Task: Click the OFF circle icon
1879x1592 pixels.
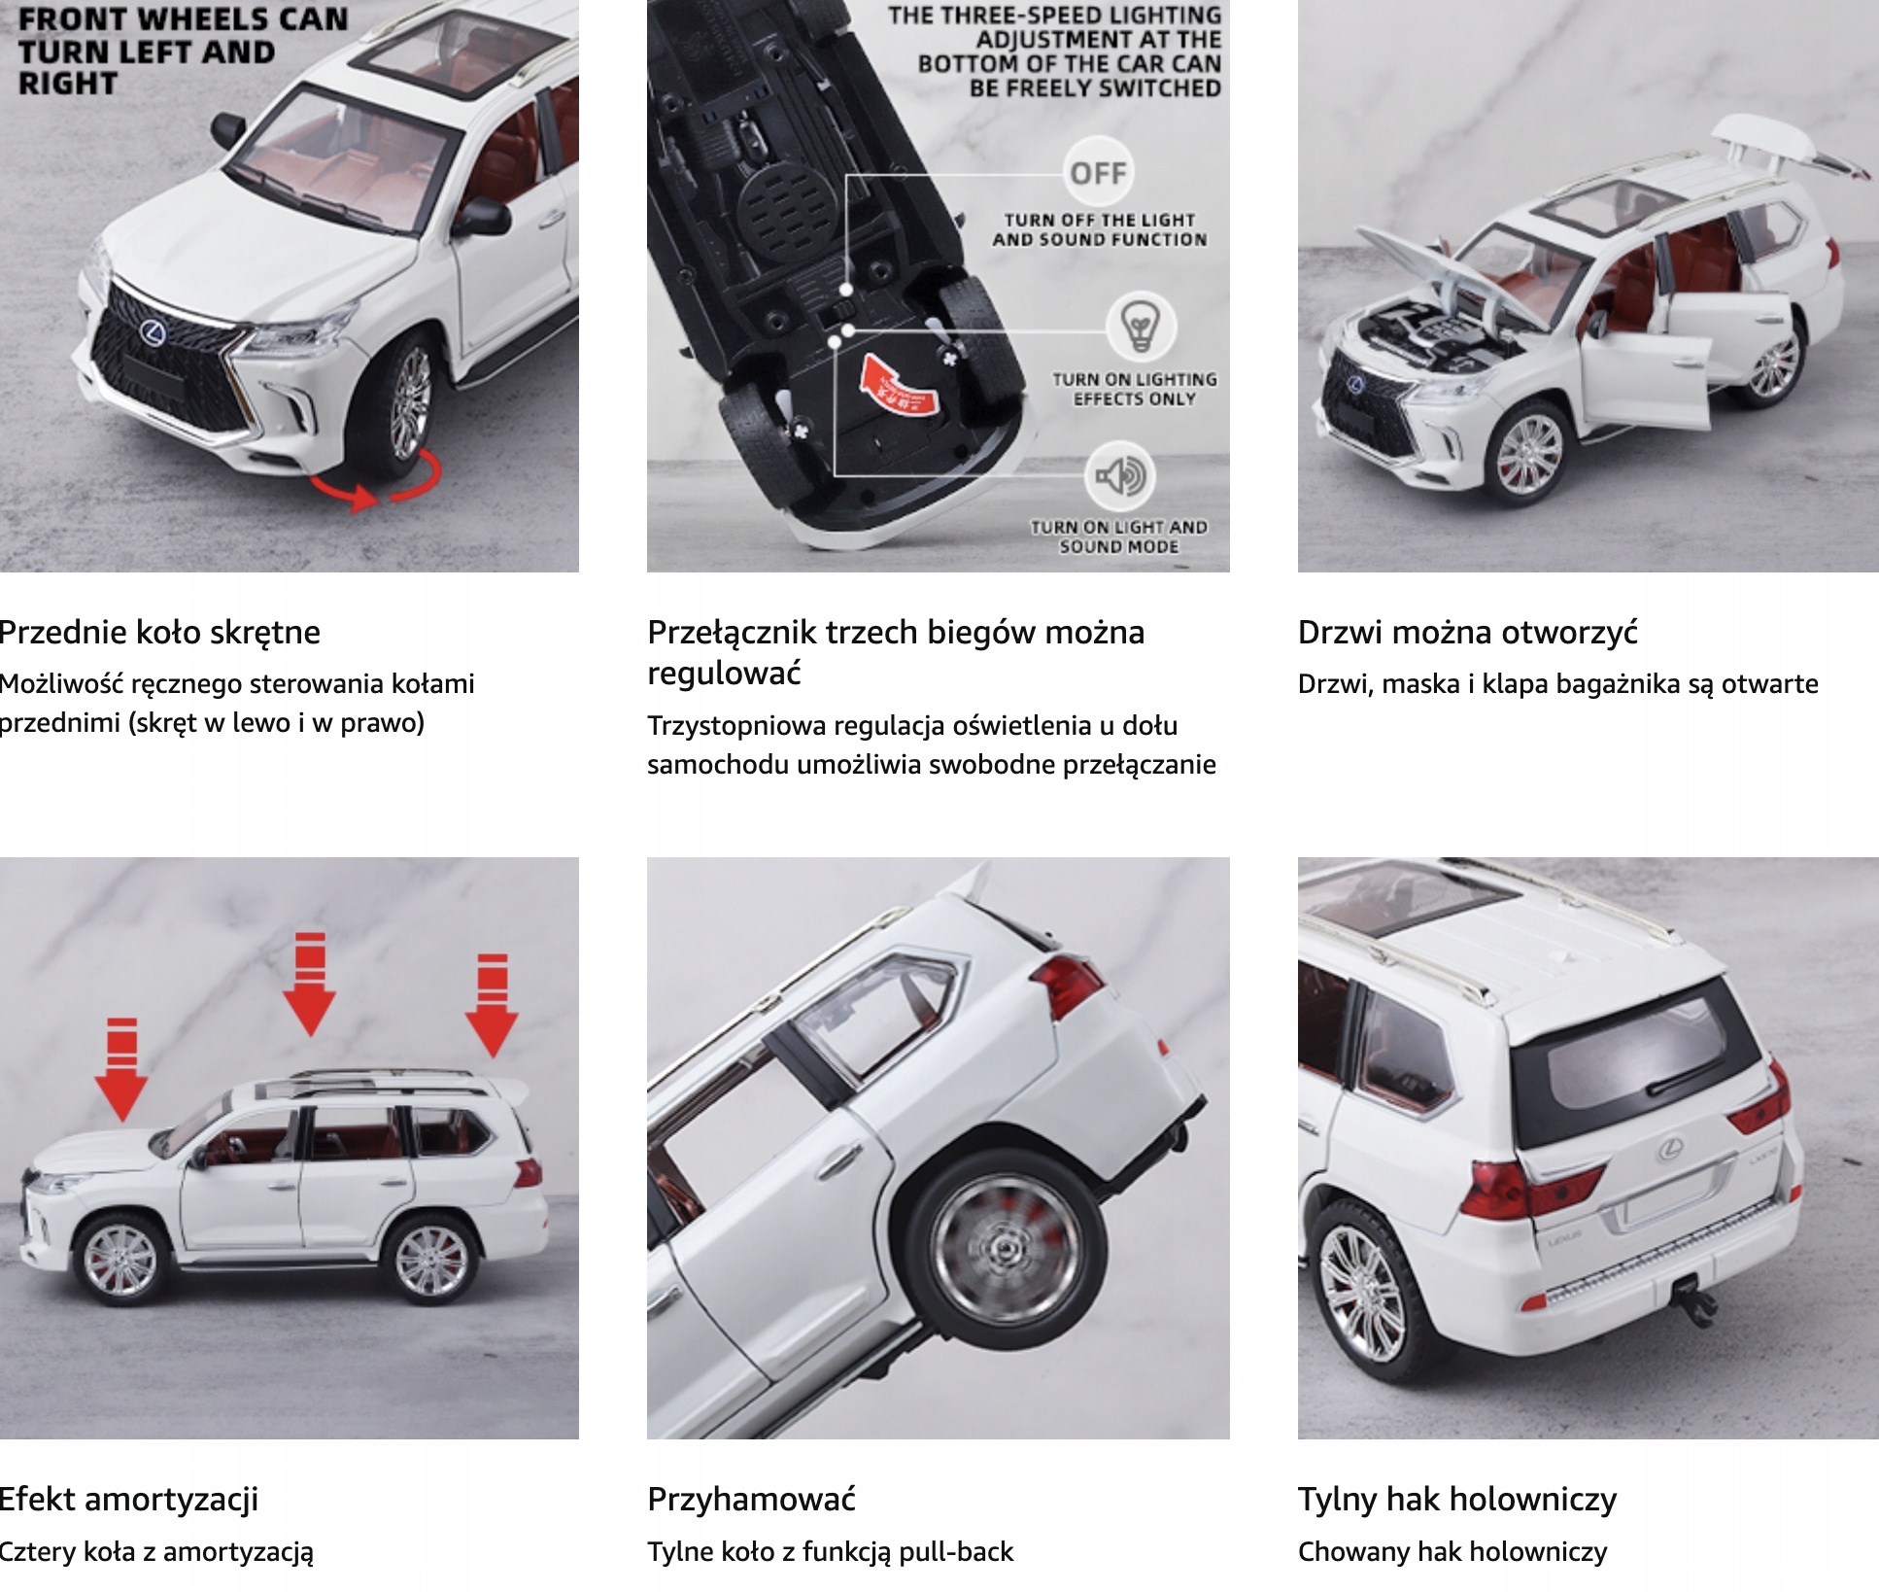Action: pos(1098,173)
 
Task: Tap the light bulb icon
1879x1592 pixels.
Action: pos(1141,327)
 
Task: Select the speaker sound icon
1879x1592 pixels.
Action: pos(1120,476)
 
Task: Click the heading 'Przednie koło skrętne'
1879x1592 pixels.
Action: pos(160,633)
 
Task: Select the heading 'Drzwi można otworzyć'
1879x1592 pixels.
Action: pos(1467,633)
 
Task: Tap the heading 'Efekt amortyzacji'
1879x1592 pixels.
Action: pos(129,1500)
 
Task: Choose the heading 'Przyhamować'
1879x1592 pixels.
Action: pos(751,1500)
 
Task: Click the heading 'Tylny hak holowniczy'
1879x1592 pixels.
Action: pos(1456,1500)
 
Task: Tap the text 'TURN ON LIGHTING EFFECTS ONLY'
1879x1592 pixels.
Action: pos(1134,389)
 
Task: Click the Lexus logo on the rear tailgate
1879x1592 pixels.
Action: pos(1670,1151)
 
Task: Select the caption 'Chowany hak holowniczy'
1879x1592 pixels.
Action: pos(1452,1552)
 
